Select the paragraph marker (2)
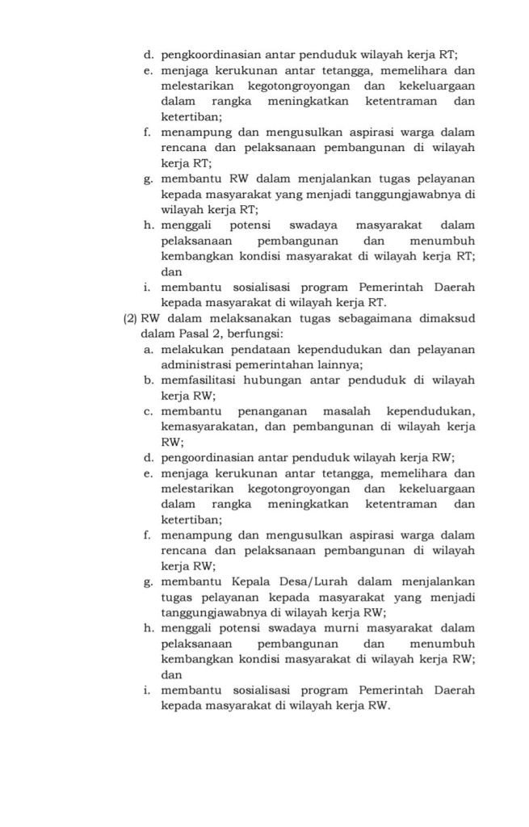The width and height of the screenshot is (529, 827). [131, 318]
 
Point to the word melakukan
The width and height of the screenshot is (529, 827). [194, 349]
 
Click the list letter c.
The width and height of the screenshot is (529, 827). [149, 411]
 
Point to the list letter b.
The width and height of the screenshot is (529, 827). [149, 380]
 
